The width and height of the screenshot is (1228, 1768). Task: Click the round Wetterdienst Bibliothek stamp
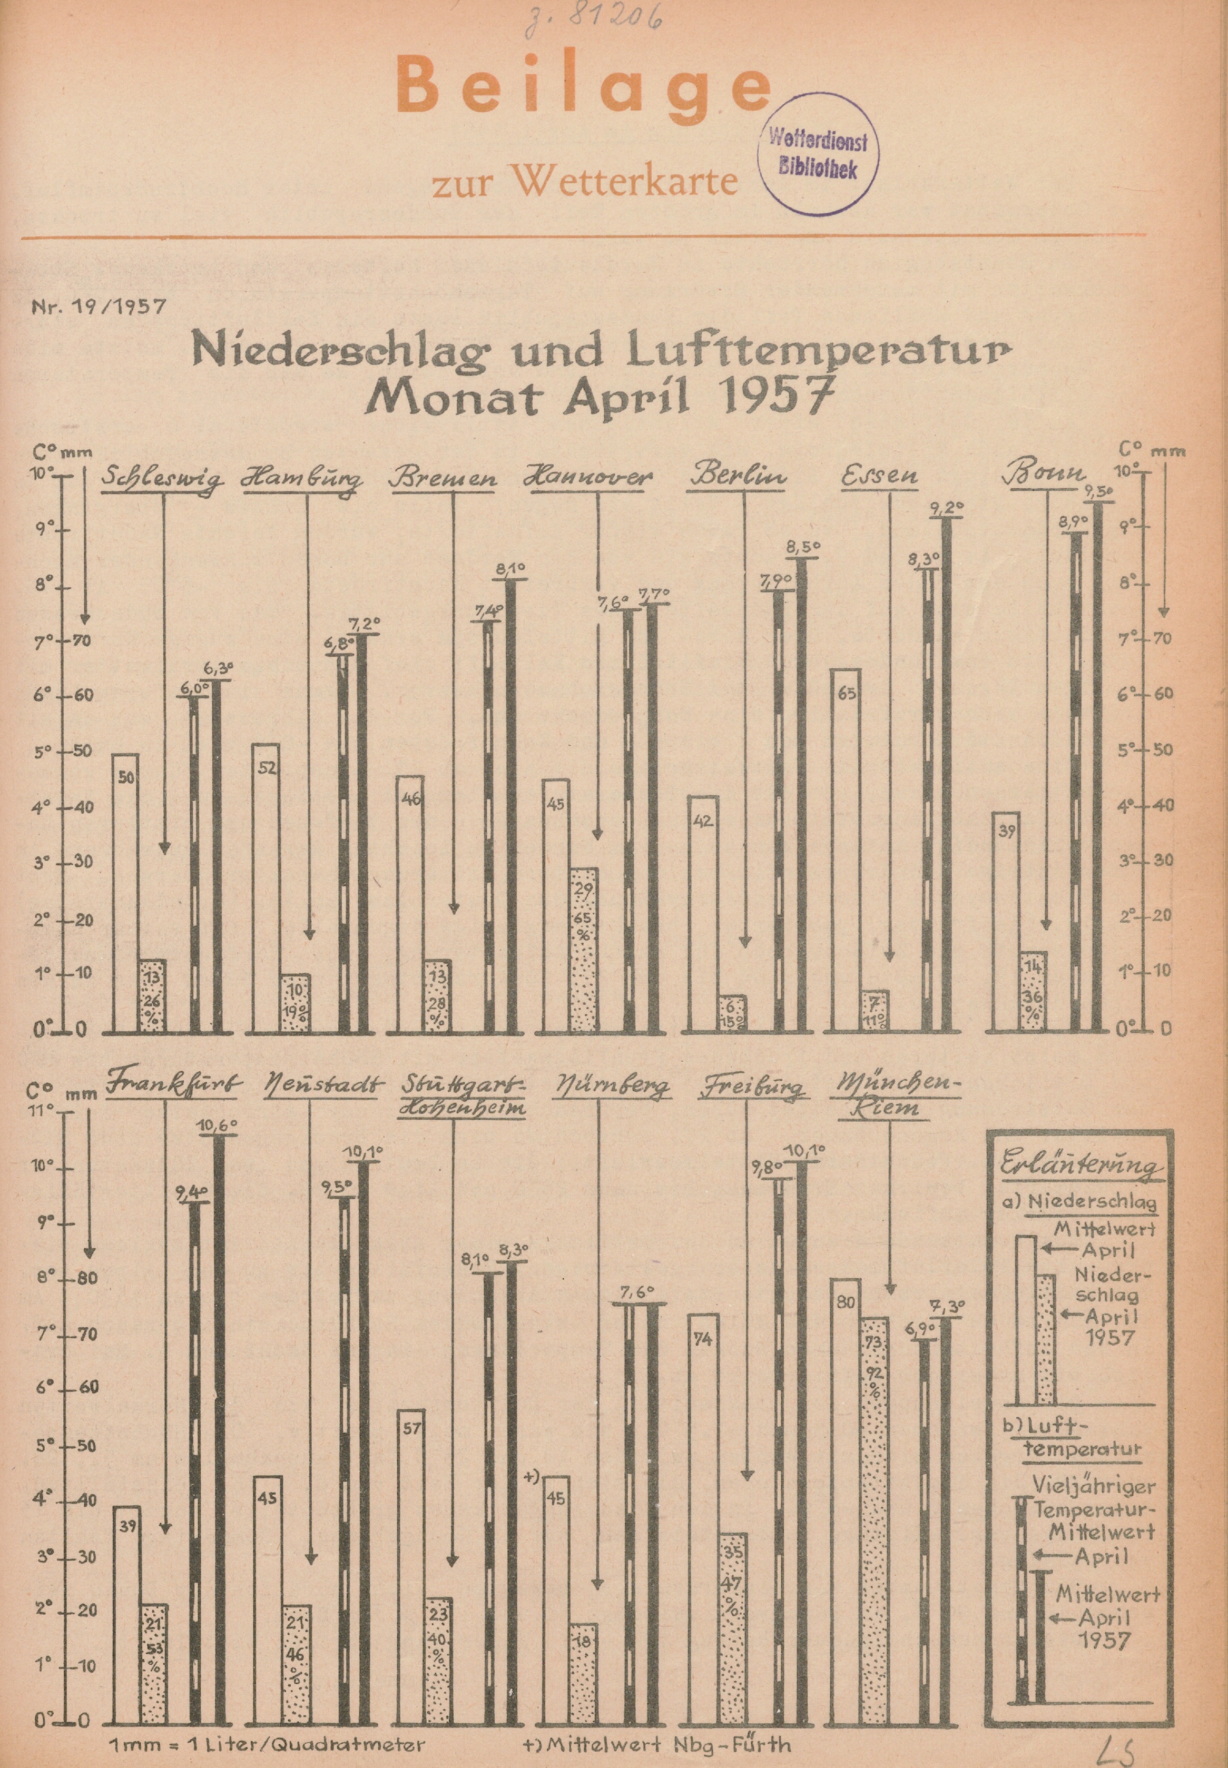point(817,154)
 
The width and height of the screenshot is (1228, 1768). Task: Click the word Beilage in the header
point(583,89)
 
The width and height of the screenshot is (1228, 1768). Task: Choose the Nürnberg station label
point(611,1087)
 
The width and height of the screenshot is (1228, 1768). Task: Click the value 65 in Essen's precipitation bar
point(847,694)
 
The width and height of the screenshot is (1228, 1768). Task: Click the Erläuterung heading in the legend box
point(1081,1167)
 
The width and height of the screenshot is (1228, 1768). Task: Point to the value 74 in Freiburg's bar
point(702,1339)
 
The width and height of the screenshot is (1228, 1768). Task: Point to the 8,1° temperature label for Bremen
point(511,570)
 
